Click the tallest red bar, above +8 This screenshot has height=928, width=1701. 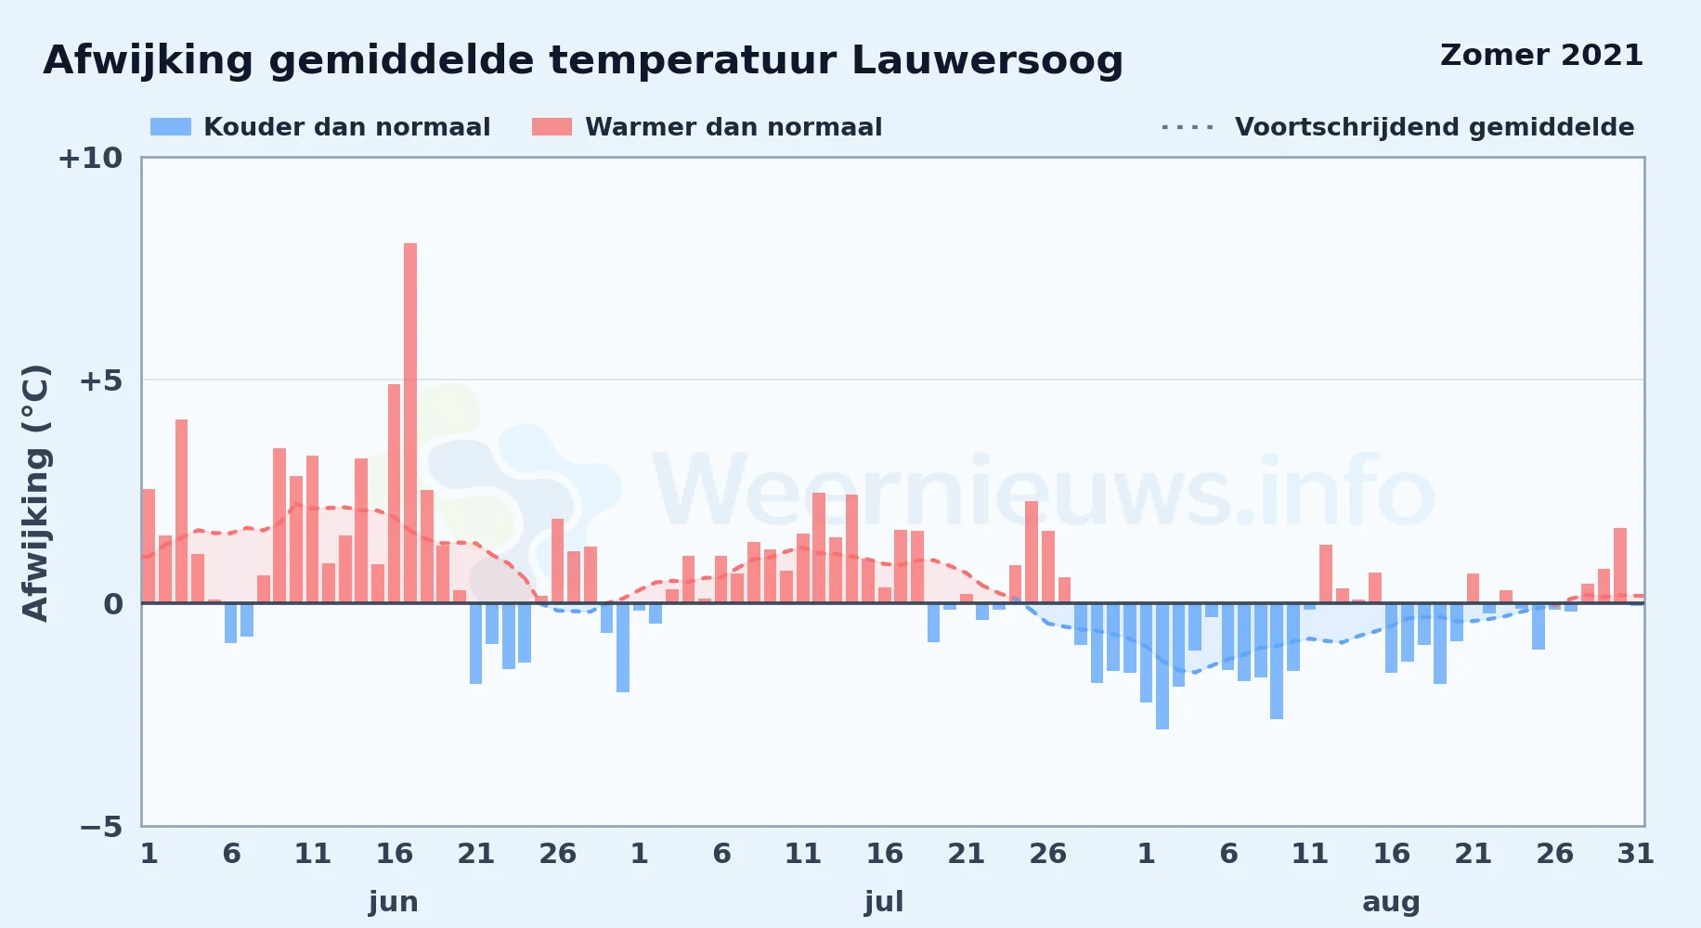[410, 423]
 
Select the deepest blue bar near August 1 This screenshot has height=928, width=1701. [1162, 666]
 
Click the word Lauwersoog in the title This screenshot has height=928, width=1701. [987, 61]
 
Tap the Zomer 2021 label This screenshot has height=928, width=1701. [1541, 56]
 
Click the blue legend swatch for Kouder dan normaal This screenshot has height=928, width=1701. [171, 127]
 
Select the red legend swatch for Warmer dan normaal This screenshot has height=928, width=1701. [552, 127]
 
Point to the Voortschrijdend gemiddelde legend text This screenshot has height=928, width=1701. [1435, 127]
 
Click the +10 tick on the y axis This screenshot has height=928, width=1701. [90, 158]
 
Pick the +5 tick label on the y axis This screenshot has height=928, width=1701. [100, 380]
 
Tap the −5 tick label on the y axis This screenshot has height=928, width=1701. [100, 826]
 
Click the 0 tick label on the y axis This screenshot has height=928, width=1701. [113, 604]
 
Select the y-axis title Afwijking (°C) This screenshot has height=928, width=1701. [35, 492]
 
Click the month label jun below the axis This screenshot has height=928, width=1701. [394, 902]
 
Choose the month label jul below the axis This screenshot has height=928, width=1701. [884, 902]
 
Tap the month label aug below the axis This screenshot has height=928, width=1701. [1391, 902]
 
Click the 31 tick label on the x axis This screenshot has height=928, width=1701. [1636, 854]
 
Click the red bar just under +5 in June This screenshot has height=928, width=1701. [394, 494]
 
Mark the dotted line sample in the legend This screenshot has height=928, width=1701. [1188, 127]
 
